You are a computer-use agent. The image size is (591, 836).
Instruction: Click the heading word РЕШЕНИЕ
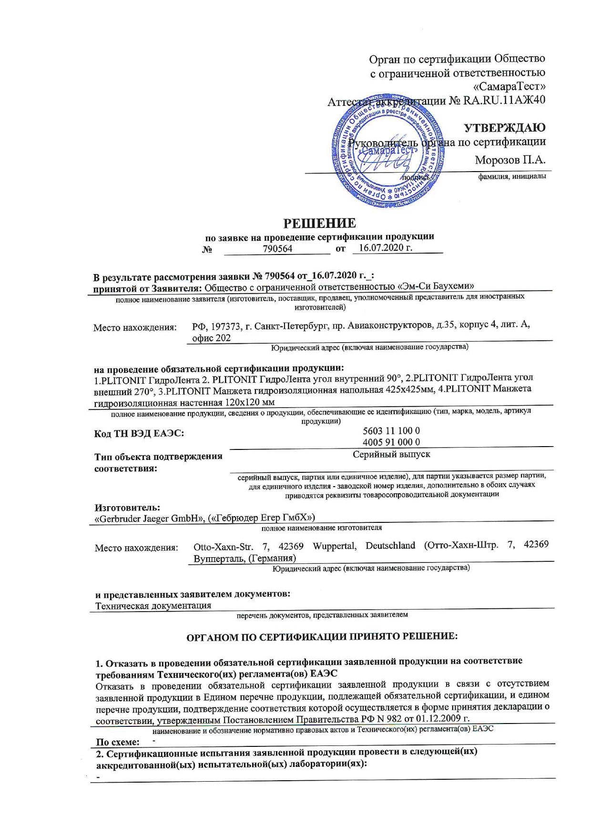pyautogui.click(x=320, y=223)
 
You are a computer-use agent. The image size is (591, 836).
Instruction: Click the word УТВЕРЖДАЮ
pyautogui.click(x=505, y=128)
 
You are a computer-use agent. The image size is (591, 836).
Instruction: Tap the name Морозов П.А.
pyautogui.click(x=510, y=160)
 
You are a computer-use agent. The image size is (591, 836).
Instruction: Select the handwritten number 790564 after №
pyautogui.click(x=277, y=249)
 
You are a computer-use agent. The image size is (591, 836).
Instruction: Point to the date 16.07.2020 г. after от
pyautogui.click(x=385, y=247)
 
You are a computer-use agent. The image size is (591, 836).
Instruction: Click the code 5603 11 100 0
pyautogui.click(x=391, y=430)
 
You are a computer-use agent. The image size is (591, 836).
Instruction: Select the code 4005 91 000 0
pyautogui.click(x=391, y=442)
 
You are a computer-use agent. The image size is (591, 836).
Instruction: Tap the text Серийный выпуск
pyautogui.click(x=391, y=454)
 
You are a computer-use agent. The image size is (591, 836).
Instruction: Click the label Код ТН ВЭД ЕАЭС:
pyautogui.click(x=139, y=433)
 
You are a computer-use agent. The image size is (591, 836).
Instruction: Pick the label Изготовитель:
pyautogui.click(x=127, y=508)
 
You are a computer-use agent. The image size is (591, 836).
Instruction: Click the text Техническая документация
pyautogui.click(x=153, y=606)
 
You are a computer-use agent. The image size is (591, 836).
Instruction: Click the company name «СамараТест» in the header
pyautogui.click(x=509, y=87)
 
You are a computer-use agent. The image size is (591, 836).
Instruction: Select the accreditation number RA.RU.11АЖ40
pyautogui.click(x=504, y=101)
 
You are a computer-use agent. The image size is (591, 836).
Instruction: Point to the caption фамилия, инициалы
pyautogui.click(x=512, y=176)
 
